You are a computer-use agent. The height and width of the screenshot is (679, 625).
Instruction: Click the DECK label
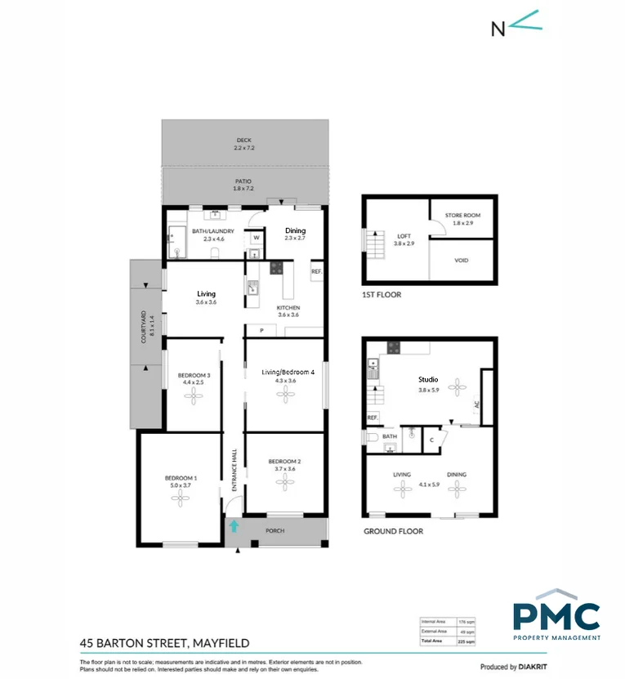click(x=243, y=140)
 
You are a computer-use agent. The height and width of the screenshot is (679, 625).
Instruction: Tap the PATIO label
click(x=243, y=181)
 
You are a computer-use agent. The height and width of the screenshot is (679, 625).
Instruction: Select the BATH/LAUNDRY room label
click(x=213, y=231)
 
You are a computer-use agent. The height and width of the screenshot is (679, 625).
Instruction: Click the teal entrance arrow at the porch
click(x=234, y=526)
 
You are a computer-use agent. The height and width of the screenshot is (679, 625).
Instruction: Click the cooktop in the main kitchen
click(x=276, y=266)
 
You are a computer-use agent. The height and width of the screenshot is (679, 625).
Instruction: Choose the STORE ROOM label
click(x=462, y=215)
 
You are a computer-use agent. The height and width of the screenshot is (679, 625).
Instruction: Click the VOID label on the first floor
click(x=462, y=261)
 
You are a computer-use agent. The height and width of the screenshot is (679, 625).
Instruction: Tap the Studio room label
click(x=428, y=379)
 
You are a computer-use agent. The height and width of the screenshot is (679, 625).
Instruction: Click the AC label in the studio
click(x=477, y=404)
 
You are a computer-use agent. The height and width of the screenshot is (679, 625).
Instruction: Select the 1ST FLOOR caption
click(x=382, y=295)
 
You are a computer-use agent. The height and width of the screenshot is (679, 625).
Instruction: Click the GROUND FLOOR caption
click(x=393, y=531)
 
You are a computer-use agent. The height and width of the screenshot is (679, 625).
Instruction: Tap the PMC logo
click(x=556, y=614)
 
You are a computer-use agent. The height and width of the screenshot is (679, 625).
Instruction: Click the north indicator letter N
click(x=498, y=29)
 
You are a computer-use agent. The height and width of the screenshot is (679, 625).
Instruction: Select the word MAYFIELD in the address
click(x=220, y=643)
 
